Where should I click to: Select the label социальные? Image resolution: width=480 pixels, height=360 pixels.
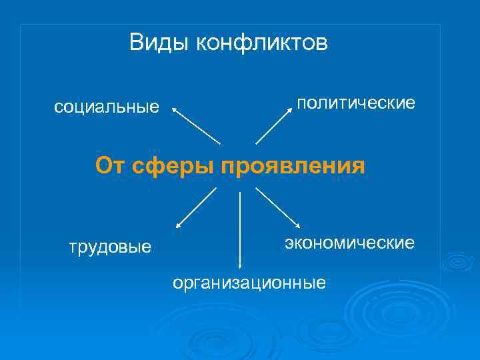click(107, 107)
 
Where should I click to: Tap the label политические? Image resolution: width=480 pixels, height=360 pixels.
click(356, 103)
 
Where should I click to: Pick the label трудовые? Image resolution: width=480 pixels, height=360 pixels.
click(111, 247)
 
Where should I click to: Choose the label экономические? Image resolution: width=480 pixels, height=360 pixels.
click(350, 243)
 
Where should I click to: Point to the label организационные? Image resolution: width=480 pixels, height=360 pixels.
click(249, 283)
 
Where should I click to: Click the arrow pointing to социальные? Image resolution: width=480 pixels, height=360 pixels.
click(197, 125)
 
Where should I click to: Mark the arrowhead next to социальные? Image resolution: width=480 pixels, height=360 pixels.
click(175, 108)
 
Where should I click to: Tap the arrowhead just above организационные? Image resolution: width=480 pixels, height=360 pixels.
click(239, 265)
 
